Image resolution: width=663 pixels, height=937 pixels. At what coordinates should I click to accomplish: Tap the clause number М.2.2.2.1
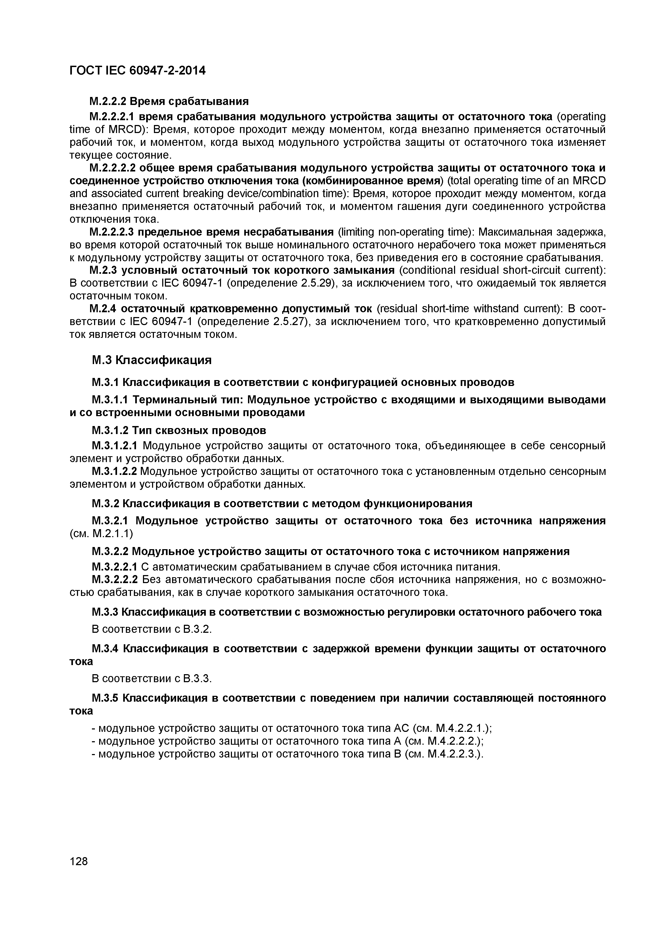coord(112,117)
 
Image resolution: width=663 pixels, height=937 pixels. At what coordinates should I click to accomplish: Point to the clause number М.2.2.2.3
coord(112,232)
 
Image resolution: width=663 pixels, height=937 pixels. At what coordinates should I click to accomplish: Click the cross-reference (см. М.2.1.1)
coord(101,533)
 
